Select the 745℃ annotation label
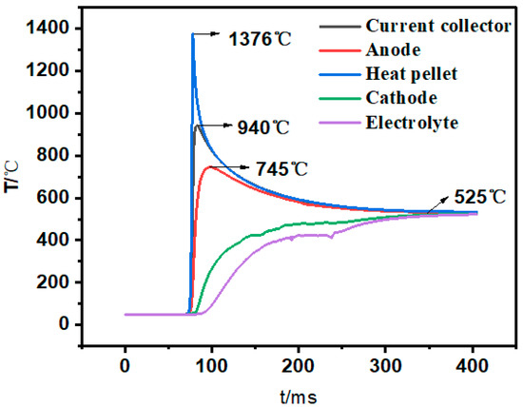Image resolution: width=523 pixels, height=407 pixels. point(281,168)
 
